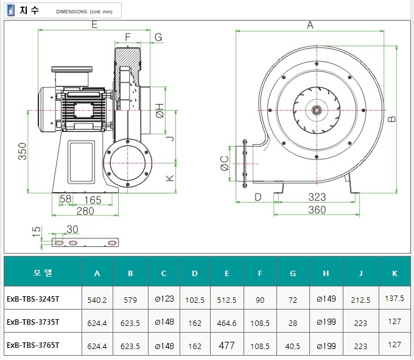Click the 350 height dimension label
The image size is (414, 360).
pos(23,151)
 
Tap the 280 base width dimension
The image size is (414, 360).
pos(85,211)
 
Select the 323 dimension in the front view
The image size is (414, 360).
pos(317,197)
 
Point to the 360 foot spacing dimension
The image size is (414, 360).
pos(317,210)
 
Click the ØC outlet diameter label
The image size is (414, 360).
pos(225,163)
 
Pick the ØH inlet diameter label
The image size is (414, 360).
pos(160,111)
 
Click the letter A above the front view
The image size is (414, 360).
pos(310,26)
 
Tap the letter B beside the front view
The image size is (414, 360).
pos(392,119)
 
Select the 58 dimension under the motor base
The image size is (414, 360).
pos(65,199)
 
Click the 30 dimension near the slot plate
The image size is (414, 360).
pos(72,229)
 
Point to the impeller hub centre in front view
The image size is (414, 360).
pos(317,110)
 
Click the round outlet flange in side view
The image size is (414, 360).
pos(128,163)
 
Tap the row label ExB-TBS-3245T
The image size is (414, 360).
pos(33,299)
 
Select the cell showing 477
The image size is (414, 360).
pos(226,345)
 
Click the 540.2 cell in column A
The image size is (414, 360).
pos(97,300)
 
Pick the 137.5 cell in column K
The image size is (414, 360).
pos(395,299)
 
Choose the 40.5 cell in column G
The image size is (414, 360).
pos(293,346)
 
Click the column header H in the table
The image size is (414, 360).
pos(326,273)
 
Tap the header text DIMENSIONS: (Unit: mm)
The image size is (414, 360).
pos(84,12)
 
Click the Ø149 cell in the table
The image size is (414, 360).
pos(326,299)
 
